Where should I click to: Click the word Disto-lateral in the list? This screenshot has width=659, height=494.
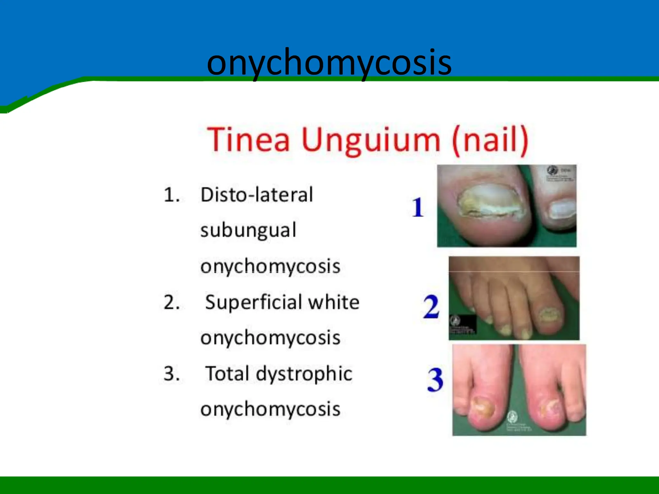click(256, 195)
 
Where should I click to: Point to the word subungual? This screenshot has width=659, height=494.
click(248, 231)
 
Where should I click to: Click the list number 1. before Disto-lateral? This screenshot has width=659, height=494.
click(172, 195)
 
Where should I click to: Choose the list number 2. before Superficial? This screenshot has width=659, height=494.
click(172, 303)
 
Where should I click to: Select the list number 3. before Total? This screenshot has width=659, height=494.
click(172, 374)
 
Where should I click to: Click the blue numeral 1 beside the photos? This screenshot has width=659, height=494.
click(418, 207)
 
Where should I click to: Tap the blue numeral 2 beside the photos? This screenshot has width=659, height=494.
click(431, 306)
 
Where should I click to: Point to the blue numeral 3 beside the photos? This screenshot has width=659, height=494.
click(435, 380)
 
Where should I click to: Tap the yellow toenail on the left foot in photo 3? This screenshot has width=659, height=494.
click(482, 406)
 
